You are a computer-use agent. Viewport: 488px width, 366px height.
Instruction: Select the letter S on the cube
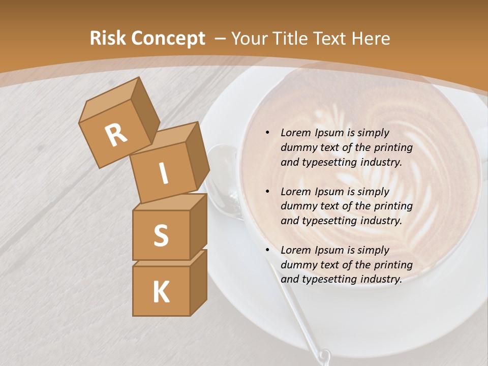[161, 236]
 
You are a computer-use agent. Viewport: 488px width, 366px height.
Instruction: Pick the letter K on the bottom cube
[161, 292]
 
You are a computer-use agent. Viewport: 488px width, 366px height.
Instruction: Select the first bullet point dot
[267, 133]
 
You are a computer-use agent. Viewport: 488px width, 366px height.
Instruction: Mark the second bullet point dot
[267, 192]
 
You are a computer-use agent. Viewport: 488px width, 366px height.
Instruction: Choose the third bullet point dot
[267, 250]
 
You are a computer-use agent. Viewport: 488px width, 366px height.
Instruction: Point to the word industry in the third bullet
[384, 279]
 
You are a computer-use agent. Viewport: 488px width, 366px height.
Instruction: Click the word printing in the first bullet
[393, 148]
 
